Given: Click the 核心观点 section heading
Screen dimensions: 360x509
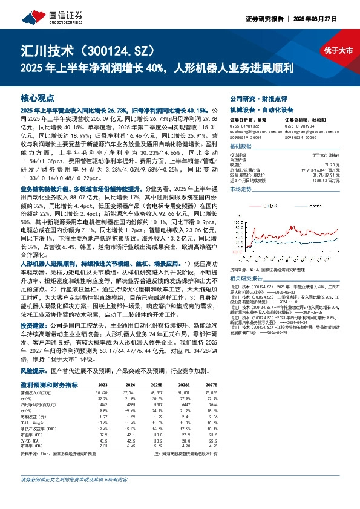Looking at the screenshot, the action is pyautogui.click(x=38, y=97).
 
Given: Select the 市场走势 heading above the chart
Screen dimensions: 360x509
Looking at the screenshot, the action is pyautogui.click(x=241, y=190).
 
